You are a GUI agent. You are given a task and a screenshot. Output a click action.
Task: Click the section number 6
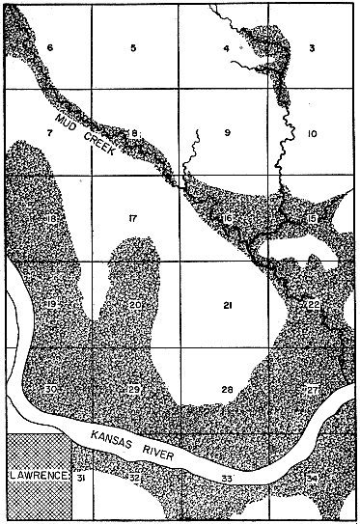point(51,47)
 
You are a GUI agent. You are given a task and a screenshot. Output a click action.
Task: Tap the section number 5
point(134,47)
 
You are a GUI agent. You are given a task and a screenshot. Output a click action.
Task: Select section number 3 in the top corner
point(312,47)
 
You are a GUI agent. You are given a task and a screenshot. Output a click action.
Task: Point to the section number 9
point(228,131)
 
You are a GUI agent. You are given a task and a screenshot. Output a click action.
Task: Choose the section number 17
point(132,221)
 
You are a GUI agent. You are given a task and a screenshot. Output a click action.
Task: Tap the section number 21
point(228,306)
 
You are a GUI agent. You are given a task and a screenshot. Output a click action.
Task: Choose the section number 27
point(312,389)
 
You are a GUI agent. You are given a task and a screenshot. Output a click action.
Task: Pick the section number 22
point(312,305)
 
